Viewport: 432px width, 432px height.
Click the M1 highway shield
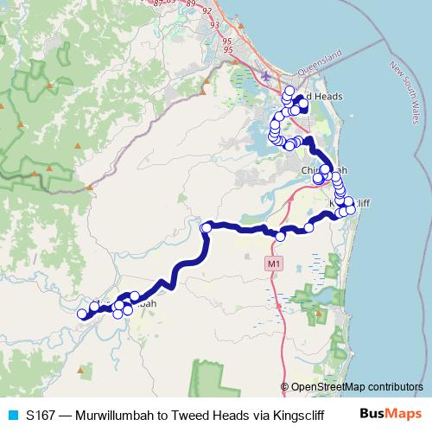click(x=275, y=263)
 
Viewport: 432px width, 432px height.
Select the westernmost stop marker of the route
click(x=82, y=314)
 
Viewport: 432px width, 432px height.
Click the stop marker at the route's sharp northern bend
click(x=206, y=227)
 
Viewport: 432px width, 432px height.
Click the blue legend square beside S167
click(x=12, y=415)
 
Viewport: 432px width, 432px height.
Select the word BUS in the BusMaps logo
click(x=374, y=415)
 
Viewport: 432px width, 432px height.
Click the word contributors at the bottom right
click(x=393, y=387)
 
